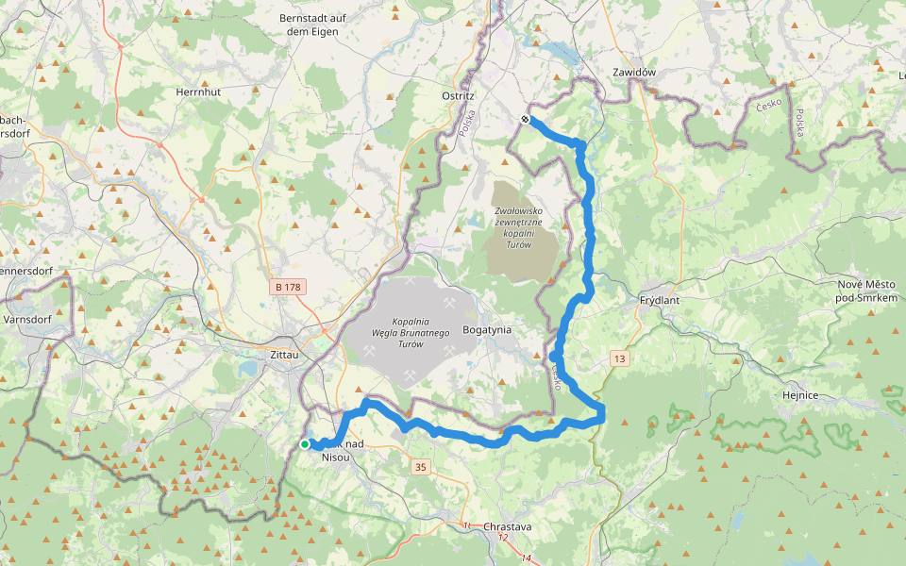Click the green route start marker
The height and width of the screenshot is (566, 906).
pyautogui.click(x=305, y=444)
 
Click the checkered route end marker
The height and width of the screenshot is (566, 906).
pyautogui.click(x=525, y=119)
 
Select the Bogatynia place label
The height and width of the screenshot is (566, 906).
pyautogui.click(x=487, y=330)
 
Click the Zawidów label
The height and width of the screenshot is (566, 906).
pyautogui.click(x=633, y=72)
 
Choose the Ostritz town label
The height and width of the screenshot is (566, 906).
pyautogui.click(x=458, y=96)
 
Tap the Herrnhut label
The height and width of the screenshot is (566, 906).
pyautogui.click(x=198, y=92)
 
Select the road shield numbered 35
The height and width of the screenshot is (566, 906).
pyautogui.click(x=420, y=467)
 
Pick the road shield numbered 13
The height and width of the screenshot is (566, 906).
pyautogui.click(x=619, y=359)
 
